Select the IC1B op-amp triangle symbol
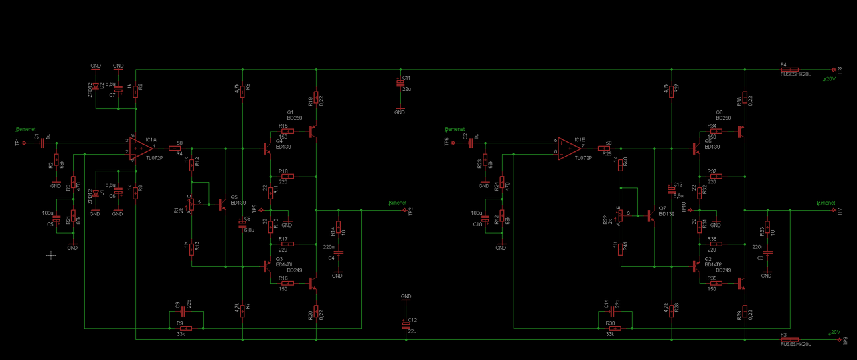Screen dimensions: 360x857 point(570,148)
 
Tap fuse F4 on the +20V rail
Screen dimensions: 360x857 point(790,69)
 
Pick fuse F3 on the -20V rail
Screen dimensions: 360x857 point(790,339)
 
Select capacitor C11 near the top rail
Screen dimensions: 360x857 point(400,83)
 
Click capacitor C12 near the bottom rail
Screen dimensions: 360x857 point(406,324)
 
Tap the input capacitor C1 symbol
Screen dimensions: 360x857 point(43,143)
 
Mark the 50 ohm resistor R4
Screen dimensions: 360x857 point(179,148)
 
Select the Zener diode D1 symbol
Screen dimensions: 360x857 point(96,193)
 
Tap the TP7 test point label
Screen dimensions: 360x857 point(839,211)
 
